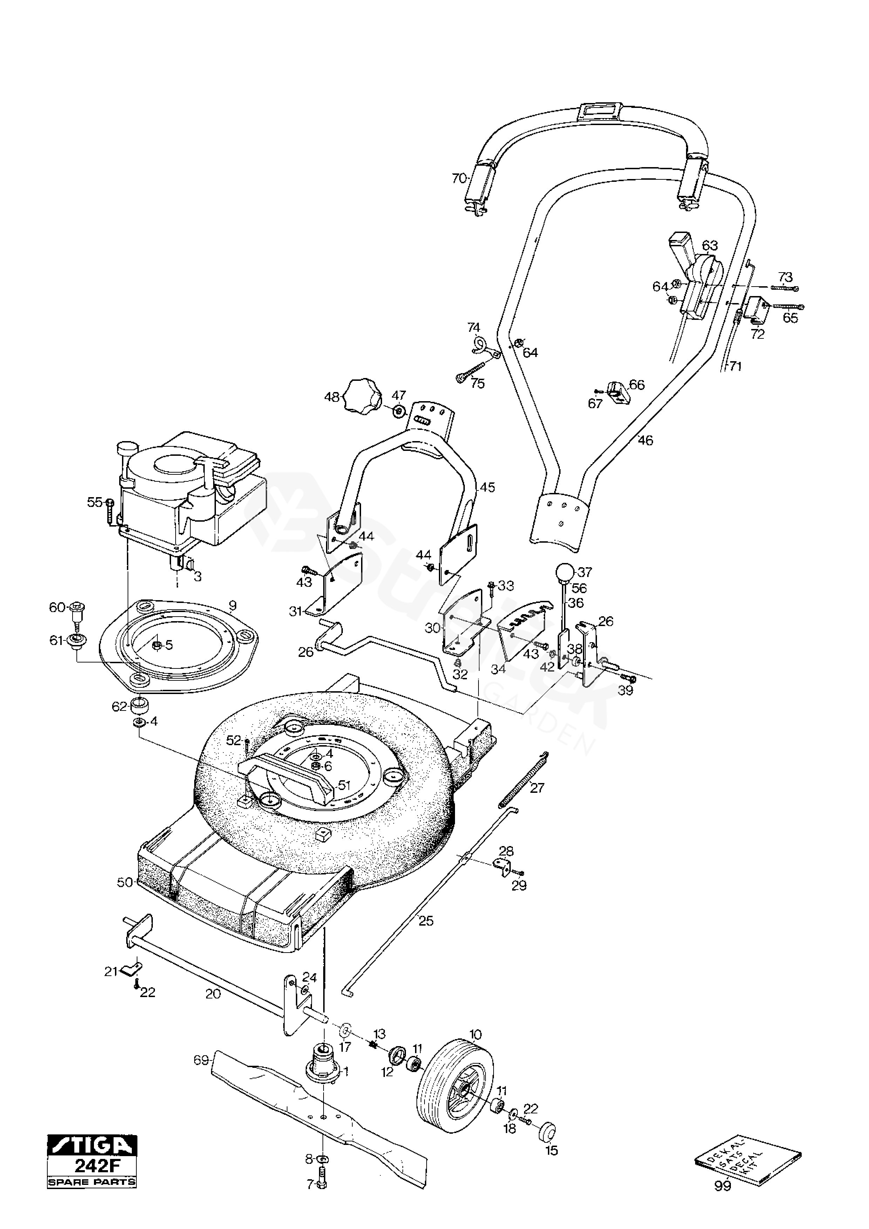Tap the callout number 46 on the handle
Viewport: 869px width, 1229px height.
[646, 440]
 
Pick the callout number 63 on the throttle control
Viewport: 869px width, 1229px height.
[710, 246]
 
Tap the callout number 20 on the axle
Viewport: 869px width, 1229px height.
[213, 994]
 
